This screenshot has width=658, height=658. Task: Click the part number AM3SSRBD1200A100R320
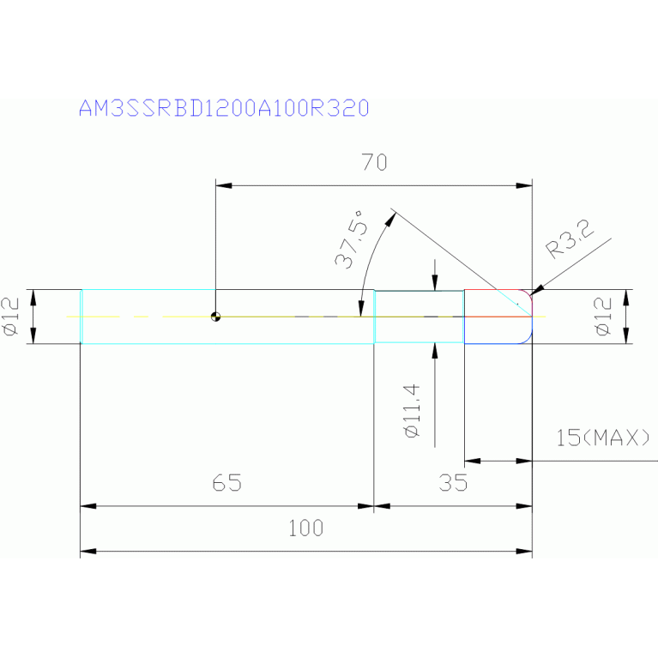224,108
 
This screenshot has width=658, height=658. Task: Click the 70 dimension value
374,162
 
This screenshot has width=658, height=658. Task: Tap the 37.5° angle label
351,239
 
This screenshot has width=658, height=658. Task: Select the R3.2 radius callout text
570,238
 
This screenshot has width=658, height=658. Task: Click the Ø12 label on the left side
11,316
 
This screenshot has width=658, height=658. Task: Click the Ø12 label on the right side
603,316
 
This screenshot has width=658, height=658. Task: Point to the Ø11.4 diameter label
411,411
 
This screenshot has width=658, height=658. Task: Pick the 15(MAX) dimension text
602,438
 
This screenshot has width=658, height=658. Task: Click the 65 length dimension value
227,483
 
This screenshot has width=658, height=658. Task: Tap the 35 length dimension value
453,483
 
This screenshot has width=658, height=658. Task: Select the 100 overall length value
306,528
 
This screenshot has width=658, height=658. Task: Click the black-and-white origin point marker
215,317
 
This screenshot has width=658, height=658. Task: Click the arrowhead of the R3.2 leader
537,290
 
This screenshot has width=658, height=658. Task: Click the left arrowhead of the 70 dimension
224,185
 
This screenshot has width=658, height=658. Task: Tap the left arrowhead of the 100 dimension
88,551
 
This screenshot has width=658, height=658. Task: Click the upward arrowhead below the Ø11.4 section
435,351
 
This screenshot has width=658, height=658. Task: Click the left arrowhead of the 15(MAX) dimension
473,461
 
